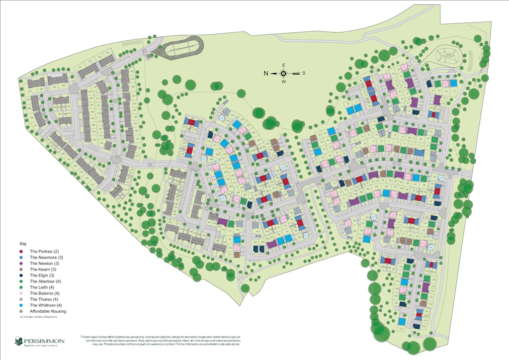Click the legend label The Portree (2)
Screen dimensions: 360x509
point(44,252)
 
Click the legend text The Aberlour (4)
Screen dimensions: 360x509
point(45,281)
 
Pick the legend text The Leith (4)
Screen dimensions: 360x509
point(42,287)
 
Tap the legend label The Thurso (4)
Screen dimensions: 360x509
point(44,299)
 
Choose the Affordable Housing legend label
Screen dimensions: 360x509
point(48,311)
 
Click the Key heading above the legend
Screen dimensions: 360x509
point(22,244)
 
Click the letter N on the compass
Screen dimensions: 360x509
point(266,73)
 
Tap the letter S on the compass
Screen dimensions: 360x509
point(304,73)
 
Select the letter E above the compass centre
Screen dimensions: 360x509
point(284,65)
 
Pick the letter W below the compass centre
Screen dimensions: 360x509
point(284,82)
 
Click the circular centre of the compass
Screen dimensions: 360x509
point(284,73)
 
